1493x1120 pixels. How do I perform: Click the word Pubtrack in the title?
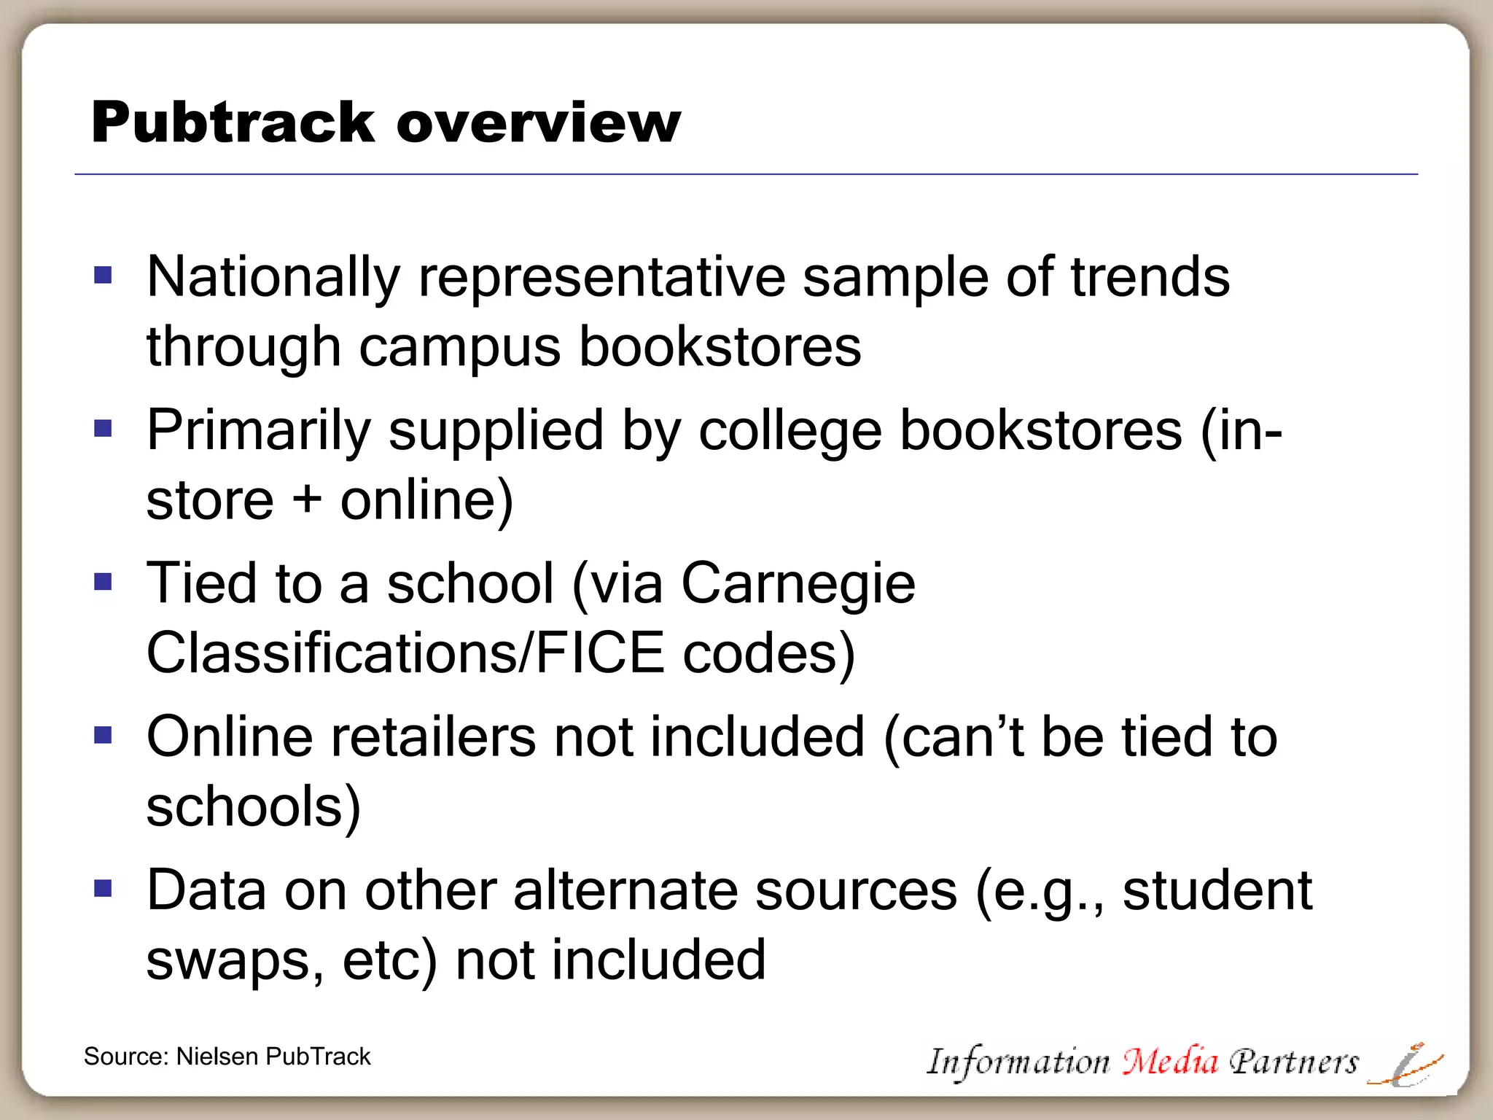pyautogui.click(x=233, y=122)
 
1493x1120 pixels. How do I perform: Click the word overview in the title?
pyautogui.click(x=539, y=122)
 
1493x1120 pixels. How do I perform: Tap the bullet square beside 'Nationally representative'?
pyautogui.click(x=104, y=275)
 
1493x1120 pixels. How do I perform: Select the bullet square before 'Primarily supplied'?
pyautogui.click(x=104, y=428)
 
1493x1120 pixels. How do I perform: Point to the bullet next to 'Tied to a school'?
pyautogui.click(x=104, y=582)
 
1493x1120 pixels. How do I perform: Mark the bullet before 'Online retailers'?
pyautogui.click(x=104, y=735)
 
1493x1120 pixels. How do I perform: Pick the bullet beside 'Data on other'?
pyautogui.click(x=104, y=888)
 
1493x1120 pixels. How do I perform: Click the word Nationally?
pyautogui.click(x=273, y=278)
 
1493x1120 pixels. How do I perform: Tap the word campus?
pyautogui.click(x=460, y=347)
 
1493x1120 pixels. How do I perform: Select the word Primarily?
pyautogui.click(x=259, y=431)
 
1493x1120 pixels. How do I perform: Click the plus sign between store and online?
pyautogui.click(x=307, y=501)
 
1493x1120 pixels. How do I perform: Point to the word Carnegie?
pyautogui.click(x=798, y=585)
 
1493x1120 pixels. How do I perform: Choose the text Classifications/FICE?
pyautogui.click(x=405, y=653)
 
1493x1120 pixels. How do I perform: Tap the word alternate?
pyautogui.click(x=625, y=891)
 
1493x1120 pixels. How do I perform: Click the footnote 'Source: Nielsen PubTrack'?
pyautogui.click(x=227, y=1057)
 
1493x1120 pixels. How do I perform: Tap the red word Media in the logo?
pyautogui.click(x=1169, y=1062)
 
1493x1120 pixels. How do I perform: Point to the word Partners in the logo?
pyautogui.click(x=1293, y=1062)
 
